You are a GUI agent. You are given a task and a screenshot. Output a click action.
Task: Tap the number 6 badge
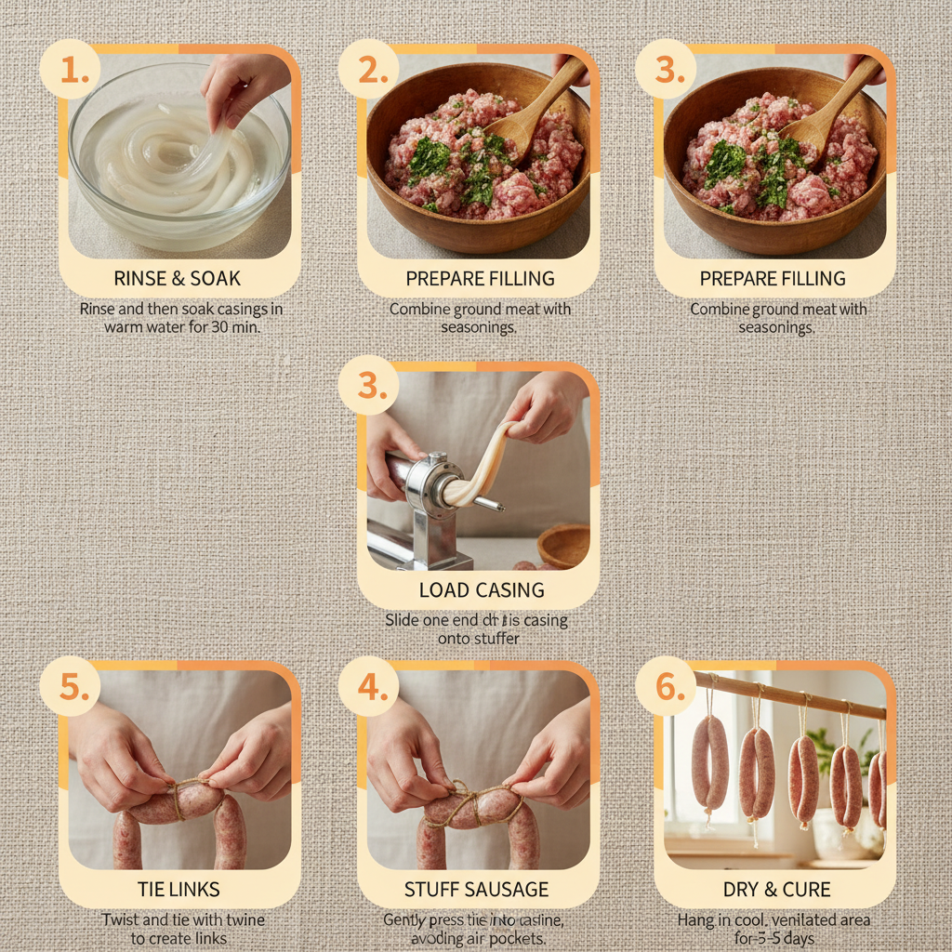[x=666, y=686]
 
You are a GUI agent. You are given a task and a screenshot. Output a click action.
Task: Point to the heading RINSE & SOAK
[x=177, y=278]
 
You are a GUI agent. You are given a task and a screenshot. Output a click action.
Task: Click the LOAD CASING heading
[x=482, y=590]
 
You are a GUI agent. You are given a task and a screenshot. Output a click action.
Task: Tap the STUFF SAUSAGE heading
[x=476, y=890]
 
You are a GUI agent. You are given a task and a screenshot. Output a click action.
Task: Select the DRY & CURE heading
[x=777, y=890]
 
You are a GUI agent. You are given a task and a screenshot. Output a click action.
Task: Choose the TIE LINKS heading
[x=178, y=890]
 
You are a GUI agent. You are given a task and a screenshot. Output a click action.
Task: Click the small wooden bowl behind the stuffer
[x=563, y=546]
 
